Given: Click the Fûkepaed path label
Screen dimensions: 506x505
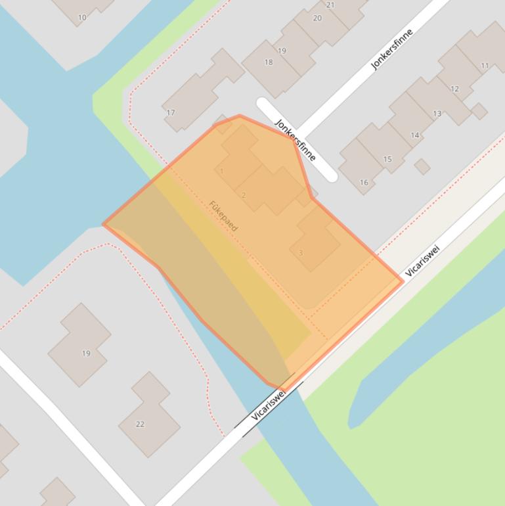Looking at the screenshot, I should tap(223, 216).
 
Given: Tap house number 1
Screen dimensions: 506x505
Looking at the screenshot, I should tap(222, 172).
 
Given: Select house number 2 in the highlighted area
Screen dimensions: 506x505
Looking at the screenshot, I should tap(244, 195).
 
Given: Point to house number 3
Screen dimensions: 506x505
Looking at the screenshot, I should tap(301, 252).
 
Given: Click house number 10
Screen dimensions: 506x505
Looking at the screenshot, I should tap(82, 18).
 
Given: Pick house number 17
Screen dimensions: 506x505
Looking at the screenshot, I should tap(171, 112).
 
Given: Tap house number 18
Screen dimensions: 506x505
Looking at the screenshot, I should tap(269, 62).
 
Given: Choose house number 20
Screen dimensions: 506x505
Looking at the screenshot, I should tap(317, 18).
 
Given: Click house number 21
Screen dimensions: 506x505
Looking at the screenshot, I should tap(330, 5).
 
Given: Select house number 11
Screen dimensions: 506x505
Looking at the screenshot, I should tap(485, 65).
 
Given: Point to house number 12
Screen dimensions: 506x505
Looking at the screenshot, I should tap(454, 89).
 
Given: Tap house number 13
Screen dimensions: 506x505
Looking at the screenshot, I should tap(437, 114).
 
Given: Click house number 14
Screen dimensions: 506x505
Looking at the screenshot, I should tap(415, 135).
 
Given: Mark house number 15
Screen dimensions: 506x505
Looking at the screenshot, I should tap(387, 159).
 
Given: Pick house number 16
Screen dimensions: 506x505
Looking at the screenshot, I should tap(364, 182).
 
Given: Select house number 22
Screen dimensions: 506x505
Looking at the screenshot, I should tap(140, 424).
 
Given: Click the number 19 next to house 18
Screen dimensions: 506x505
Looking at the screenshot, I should tap(282, 51).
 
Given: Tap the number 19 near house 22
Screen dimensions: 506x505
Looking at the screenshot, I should tap(86, 354).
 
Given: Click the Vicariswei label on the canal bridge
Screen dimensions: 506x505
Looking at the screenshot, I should tap(269, 404).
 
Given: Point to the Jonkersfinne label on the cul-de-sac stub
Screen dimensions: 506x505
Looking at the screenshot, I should tap(296, 139).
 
